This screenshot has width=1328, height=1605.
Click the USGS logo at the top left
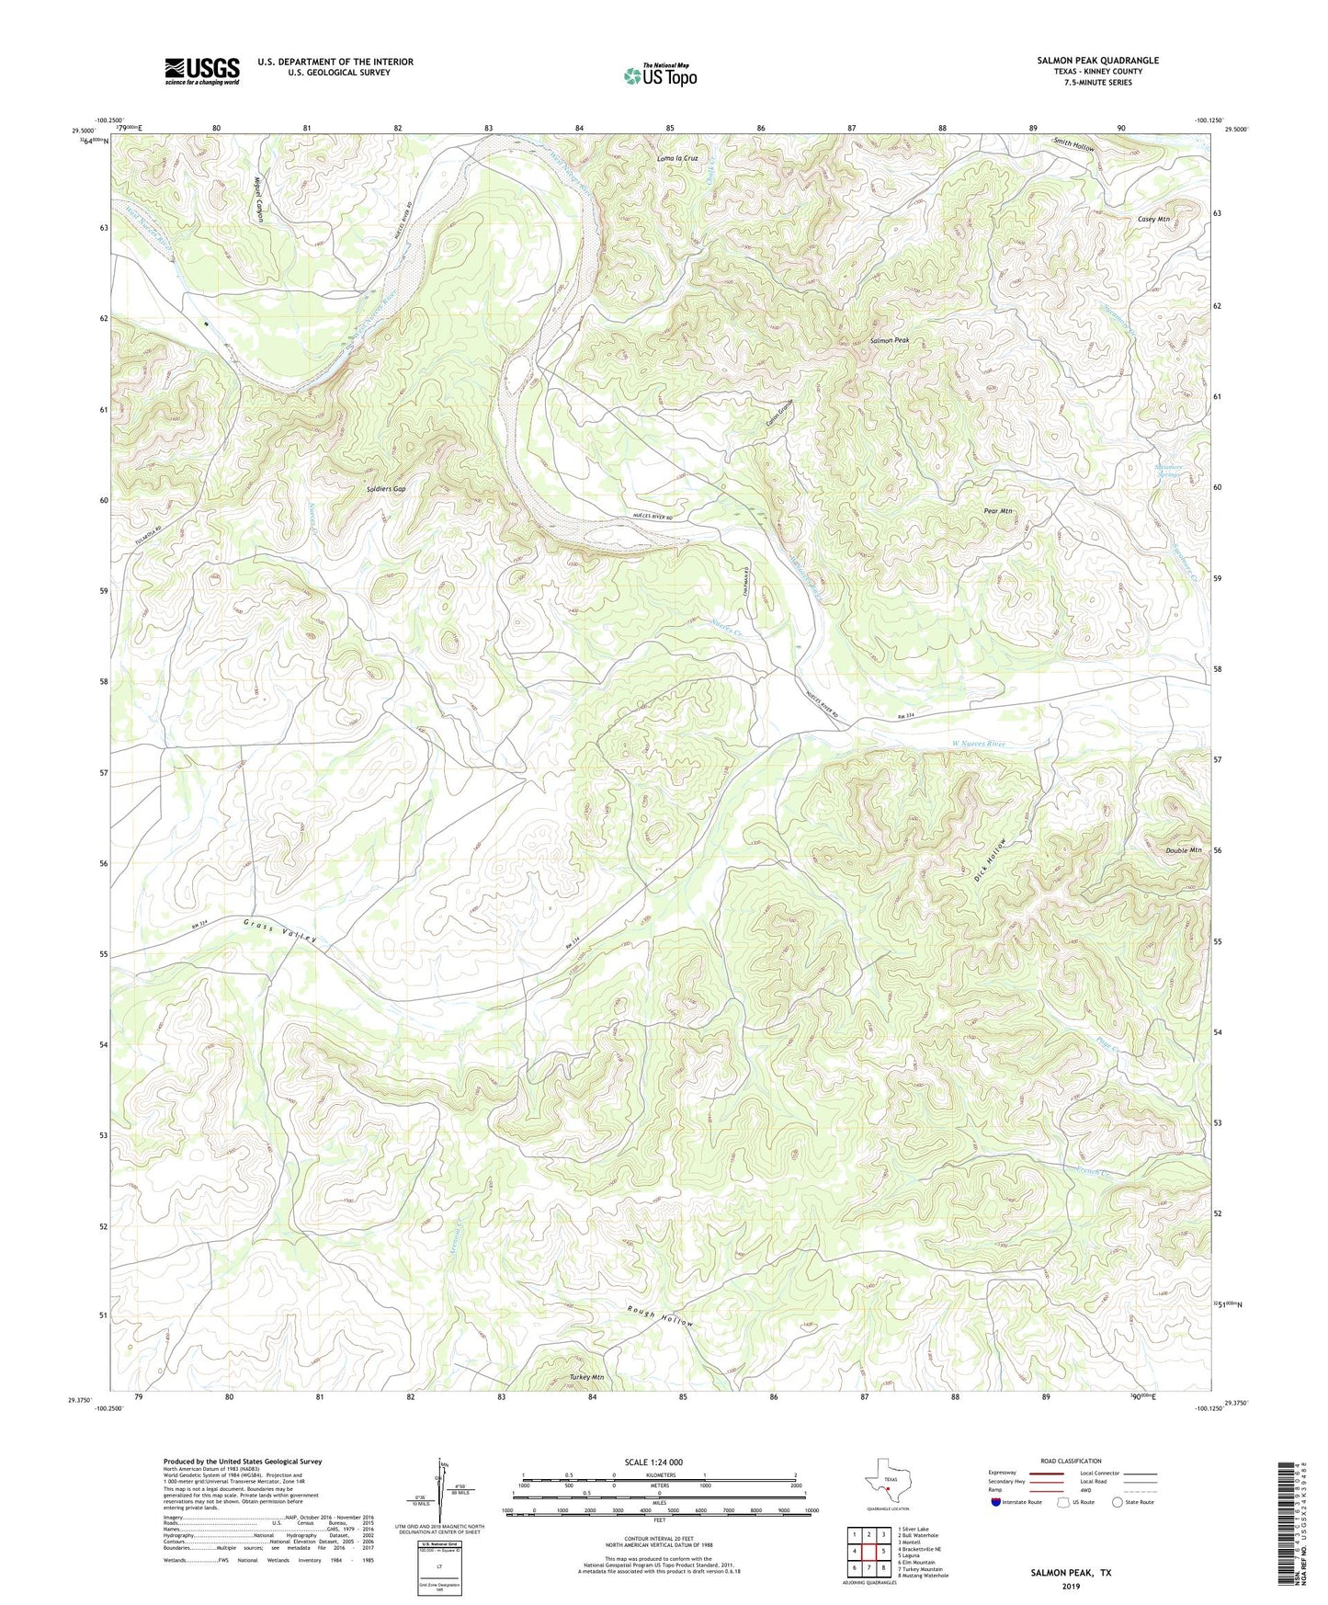click(201, 71)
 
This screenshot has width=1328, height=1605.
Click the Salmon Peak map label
click(889, 341)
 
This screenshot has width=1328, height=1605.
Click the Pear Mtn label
click(997, 510)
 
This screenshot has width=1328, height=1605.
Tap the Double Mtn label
click(1183, 850)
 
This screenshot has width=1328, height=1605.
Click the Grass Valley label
click(280, 930)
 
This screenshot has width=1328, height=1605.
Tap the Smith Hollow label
click(1073, 146)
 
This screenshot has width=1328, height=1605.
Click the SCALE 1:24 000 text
click(653, 1463)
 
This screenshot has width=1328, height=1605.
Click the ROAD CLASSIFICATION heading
click(1071, 1461)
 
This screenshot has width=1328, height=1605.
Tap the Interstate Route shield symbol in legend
click(996, 1502)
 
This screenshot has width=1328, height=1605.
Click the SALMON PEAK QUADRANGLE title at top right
click(1097, 61)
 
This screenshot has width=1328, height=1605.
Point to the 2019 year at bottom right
click(1071, 1586)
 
